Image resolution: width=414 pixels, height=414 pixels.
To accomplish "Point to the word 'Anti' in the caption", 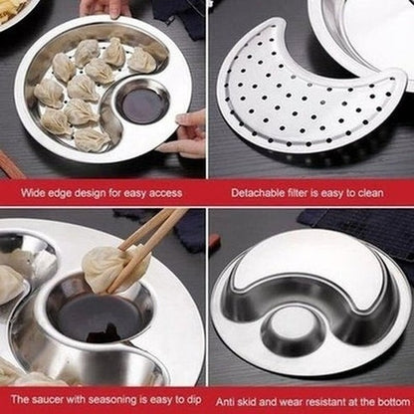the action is tap(227, 402).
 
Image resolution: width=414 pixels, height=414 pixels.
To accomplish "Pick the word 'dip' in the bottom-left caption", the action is tap(193, 400).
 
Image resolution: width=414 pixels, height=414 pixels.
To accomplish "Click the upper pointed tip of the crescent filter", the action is tap(283, 21).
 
